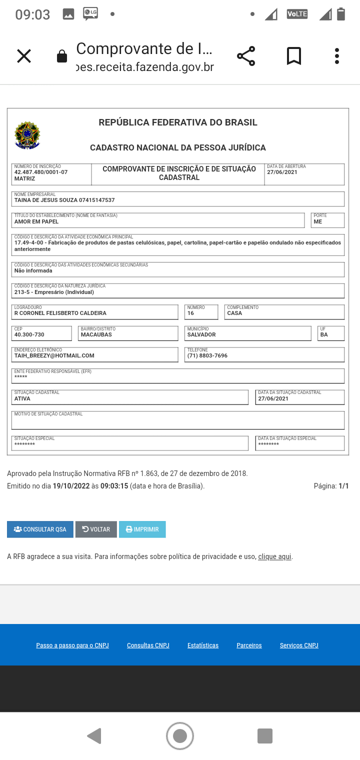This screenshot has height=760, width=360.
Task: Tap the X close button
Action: click(x=24, y=56)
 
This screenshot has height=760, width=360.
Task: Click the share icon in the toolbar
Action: click(x=246, y=56)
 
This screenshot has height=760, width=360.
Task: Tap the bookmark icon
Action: click(x=294, y=56)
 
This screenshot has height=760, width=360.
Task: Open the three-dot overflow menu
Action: click(x=337, y=56)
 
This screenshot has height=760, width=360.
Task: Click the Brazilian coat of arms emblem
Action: click(x=27, y=135)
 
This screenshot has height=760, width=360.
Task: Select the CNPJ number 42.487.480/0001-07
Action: click(x=41, y=172)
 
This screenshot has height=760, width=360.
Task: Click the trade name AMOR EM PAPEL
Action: click(x=36, y=221)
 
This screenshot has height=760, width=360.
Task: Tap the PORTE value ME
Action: click(x=318, y=221)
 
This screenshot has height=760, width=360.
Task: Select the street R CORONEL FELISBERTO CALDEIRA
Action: click(x=60, y=313)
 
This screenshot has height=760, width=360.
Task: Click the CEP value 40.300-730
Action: click(x=29, y=334)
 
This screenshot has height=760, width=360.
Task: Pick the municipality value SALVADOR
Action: click(x=201, y=334)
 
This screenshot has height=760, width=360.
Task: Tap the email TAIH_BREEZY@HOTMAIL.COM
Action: click(x=54, y=355)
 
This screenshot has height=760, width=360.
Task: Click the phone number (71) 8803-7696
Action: click(x=207, y=355)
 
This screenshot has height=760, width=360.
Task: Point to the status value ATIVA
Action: click(x=22, y=398)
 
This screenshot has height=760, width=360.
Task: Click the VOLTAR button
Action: click(x=96, y=529)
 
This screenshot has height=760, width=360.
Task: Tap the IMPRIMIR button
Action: click(x=142, y=529)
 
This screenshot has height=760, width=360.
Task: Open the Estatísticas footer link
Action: click(x=203, y=645)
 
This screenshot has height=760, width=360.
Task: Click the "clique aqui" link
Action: click(x=274, y=556)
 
